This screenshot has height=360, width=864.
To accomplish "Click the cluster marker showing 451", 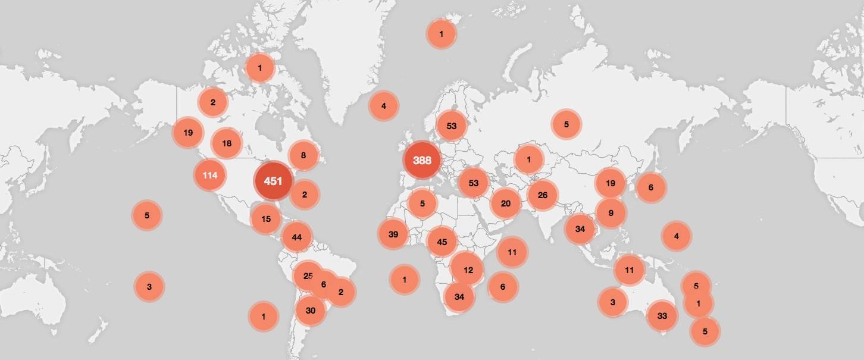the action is (x=273, y=181).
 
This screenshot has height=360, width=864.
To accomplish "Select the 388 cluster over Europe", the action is (x=422, y=161).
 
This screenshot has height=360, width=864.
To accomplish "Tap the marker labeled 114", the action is (x=209, y=175).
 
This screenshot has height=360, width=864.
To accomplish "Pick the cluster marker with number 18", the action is (x=227, y=143).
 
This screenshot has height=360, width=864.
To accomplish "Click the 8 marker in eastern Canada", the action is (x=303, y=156).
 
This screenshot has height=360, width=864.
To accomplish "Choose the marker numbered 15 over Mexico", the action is (x=266, y=219).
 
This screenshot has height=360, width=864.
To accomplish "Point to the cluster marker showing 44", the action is (x=297, y=237).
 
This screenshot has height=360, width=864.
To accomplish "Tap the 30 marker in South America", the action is (x=311, y=310).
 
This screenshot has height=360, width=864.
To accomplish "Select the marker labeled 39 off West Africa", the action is (x=393, y=234).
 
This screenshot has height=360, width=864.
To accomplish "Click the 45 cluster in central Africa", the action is (x=442, y=242).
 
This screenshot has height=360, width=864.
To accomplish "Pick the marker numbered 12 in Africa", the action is (x=468, y=270).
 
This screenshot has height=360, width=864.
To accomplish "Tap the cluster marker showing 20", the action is (x=506, y=204).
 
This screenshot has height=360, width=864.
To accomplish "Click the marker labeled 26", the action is (x=542, y=195).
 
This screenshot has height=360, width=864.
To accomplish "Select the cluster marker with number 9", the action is (x=611, y=212).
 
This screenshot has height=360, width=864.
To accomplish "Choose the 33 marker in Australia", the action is (x=662, y=316).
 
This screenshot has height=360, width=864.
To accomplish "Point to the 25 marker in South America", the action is (x=308, y=276).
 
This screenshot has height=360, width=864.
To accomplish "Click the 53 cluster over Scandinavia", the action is (x=452, y=126).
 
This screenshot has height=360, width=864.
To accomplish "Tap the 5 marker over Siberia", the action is (x=566, y=124).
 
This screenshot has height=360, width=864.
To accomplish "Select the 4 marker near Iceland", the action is (x=384, y=107).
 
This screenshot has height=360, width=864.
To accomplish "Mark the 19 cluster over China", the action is (x=611, y=183).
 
